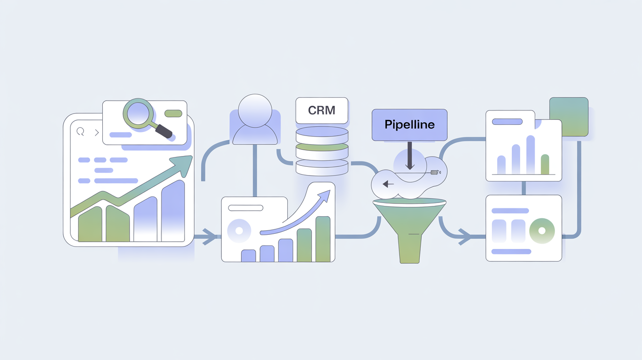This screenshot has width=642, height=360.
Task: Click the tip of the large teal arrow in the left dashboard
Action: click(x=192, y=156)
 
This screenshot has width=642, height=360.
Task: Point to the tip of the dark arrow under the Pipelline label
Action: click(x=410, y=170)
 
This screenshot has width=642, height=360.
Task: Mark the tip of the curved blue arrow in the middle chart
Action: click(x=330, y=190)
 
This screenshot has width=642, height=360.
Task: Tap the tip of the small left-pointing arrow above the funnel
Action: click(x=383, y=184)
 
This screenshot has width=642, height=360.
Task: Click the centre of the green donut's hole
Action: click(x=542, y=230)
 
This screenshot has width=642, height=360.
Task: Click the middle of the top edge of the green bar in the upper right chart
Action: click(x=545, y=155)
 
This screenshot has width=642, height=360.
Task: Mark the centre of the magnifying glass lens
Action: click(x=138, y=113)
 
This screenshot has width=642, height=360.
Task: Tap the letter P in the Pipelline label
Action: click(x=388, y=124)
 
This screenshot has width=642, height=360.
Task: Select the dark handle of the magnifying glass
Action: click(x=163, y=131)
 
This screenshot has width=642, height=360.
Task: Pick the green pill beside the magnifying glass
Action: click(x=173, y=113)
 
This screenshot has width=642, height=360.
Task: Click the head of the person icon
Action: click(x=255, y=111)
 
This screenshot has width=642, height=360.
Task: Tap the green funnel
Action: click(x=410, y=230)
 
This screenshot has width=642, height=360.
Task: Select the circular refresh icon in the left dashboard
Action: click(x=80, y=132)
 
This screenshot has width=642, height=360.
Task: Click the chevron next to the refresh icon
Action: click(x=97, y=133)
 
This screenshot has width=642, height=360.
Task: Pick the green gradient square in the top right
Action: click(x=569, y=117)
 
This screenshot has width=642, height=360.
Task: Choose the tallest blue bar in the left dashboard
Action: click(x=173, y=211)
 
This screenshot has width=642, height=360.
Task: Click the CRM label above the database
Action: click(x=321, y=110)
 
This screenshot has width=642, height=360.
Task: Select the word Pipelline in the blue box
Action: click(x=410, y=125)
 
